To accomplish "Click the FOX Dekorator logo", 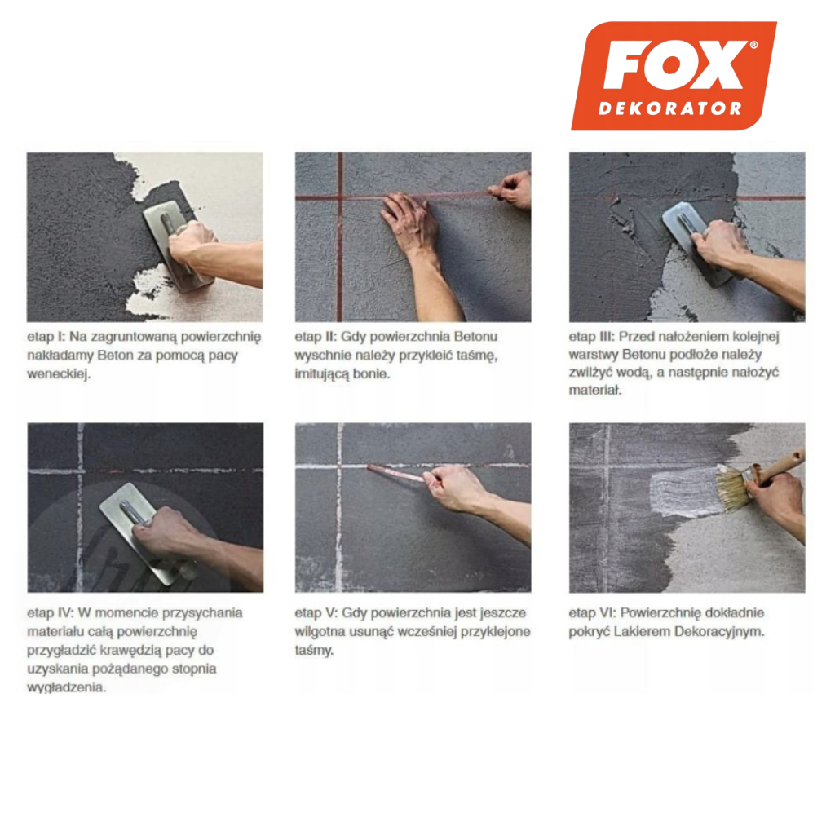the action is pos(674,76).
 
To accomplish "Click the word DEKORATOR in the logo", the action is pos(670,108).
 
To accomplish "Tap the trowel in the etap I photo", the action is pos(177,250).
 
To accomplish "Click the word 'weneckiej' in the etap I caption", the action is pos(59,373).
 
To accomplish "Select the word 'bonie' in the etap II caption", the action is pos(372,373).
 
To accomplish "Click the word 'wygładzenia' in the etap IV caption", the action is pos(67,687).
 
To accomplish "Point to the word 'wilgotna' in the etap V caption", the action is pos(320,632).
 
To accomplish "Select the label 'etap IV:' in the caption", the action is pos(51,613).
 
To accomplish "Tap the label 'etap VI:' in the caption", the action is pos(592,613).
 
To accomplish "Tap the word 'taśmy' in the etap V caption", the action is pos(314,651).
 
